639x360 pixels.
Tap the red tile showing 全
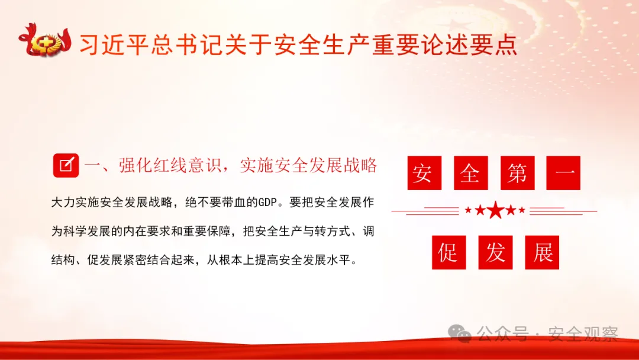(x=470, y=173)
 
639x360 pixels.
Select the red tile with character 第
(x=517, y=173)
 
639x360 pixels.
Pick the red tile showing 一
(x=563, y=173)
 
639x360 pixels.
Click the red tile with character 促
(x=448, y=252)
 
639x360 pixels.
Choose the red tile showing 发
(x=495, y=252)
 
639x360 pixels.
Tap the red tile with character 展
(x=542, y=252)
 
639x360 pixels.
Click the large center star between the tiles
(x=495, y=210)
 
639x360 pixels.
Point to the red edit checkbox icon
(x=66, y=165)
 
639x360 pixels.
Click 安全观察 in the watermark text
(x=583, y=335)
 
